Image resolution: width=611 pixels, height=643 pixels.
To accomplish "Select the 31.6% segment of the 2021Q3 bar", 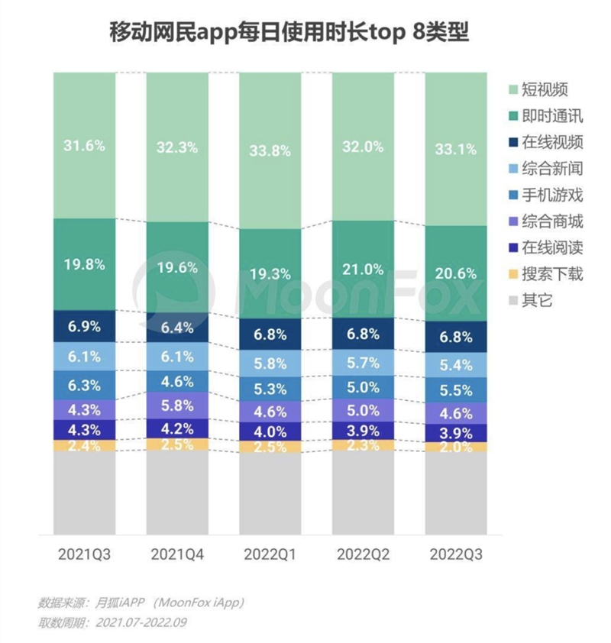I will click(x=84, y=145).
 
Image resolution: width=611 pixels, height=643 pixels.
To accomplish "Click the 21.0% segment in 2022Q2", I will click(x=363, y=269).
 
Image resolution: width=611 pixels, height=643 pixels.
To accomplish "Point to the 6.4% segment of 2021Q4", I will click(x=177, y=328).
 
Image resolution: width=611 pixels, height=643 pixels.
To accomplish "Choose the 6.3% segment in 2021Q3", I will click(x=84, y=385).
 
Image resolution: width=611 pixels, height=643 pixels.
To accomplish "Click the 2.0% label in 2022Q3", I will click(x=455, y=447).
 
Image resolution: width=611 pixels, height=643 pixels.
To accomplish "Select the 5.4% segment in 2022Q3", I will click(x=455, y=364).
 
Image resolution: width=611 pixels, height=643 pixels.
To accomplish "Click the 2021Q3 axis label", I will click(x=84, y=552).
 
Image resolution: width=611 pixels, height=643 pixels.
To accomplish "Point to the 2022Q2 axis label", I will click(x=363, y=552).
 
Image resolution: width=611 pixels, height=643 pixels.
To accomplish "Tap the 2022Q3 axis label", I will click(x=455, y=552).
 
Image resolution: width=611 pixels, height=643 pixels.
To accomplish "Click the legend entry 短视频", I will click(x=545, y=89).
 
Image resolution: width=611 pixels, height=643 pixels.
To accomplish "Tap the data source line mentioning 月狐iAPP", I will click(x=141, y=603).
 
